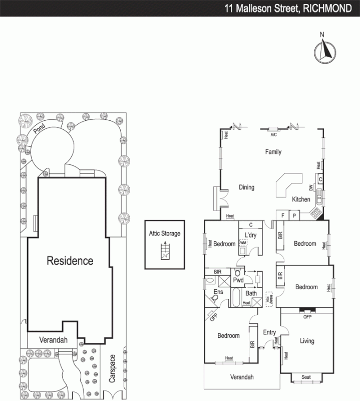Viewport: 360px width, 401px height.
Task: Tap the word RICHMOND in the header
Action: coord(328,8)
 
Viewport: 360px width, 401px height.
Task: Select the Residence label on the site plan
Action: coord(70,261)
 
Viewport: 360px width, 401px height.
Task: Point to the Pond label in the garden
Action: coord(39,129)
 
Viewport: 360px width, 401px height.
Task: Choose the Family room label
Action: coord(273,152)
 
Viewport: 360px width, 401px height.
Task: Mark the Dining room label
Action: coord(246,187)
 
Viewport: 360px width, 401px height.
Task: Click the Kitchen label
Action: coord(301,199)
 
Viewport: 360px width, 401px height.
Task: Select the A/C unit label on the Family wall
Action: coord(274,135)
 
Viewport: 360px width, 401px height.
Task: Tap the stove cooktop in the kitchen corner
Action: coord(316,213)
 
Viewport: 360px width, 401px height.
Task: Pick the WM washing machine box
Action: coord(243,243)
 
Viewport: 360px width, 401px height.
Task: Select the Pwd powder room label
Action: coord(238,280)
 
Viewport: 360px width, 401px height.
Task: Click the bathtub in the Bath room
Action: coord(235,298)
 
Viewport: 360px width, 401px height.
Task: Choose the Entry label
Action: coord(269,332)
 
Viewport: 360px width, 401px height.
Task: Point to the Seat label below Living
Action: coord(306,377)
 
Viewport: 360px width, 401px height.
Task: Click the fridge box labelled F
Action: coord(283,216)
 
